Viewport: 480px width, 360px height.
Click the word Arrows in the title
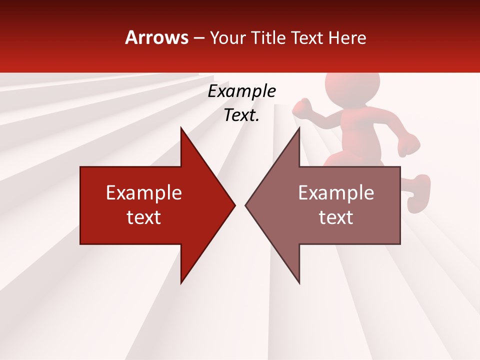[156, 37]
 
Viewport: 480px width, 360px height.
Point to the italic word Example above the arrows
[241, 91]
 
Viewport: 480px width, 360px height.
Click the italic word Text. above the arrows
[241, 115]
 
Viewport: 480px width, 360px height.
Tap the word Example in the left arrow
[144, 192]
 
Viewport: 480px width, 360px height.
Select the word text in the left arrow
[144, 217]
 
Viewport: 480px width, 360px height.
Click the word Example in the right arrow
[336, 192]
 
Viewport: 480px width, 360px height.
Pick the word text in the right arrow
[336, 217]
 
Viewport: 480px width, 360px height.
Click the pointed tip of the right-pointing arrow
[234, 205]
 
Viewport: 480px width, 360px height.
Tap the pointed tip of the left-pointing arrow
[245, 205]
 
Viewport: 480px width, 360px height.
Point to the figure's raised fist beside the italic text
[302, 106]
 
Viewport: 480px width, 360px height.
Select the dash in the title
[198, 38]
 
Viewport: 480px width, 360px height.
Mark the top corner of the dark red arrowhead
[181, 128]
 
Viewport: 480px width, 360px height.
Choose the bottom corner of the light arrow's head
[299, 283]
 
